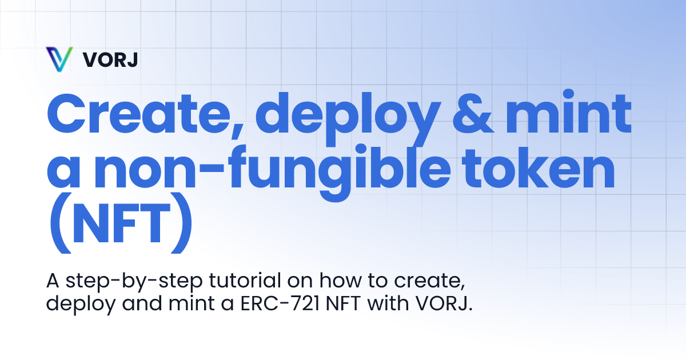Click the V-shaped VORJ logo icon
[59, 59]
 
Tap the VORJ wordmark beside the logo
[110, 59]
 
